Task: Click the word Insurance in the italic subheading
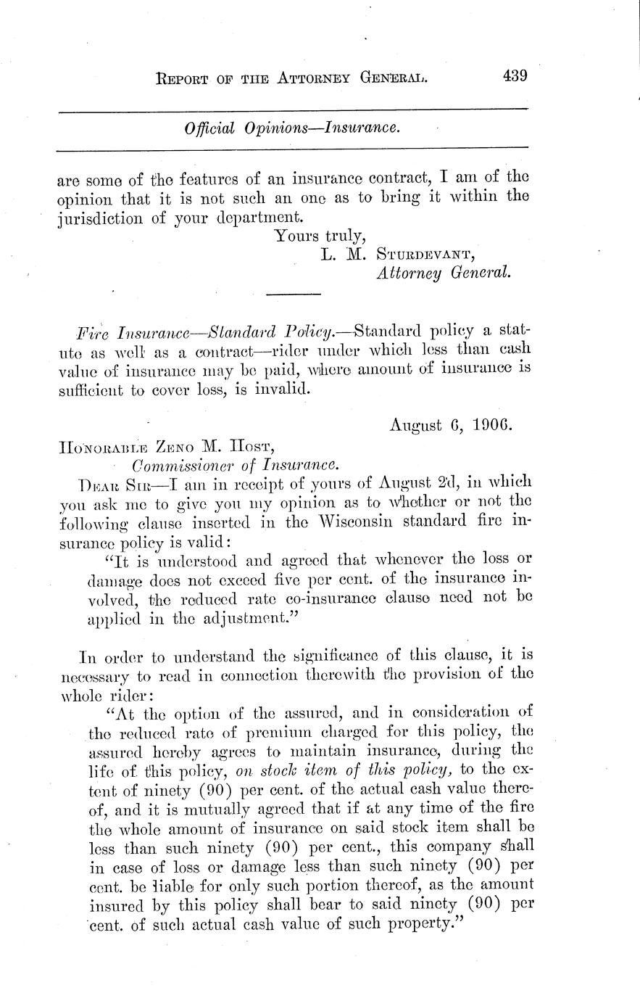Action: [x=361, y=128]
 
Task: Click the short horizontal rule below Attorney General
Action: [x=294, y=294]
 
